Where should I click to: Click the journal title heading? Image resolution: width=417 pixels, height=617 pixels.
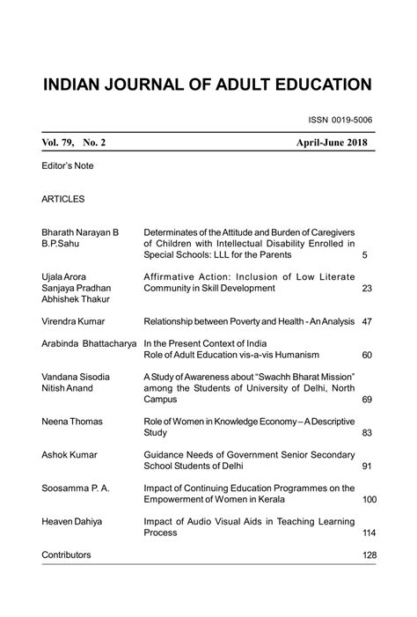tap(208, 84)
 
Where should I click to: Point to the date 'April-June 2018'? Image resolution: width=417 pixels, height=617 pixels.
tap(333, 143)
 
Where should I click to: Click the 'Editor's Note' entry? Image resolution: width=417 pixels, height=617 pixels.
tap(67, 165)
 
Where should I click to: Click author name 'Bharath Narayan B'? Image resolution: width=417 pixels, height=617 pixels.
tap(81, 231)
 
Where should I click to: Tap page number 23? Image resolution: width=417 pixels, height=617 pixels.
tap(367, 288)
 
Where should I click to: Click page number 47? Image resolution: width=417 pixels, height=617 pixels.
tap(367, 322)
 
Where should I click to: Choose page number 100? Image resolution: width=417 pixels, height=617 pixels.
tap(369, 499)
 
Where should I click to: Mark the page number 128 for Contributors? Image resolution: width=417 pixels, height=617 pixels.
tap(369, 555)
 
